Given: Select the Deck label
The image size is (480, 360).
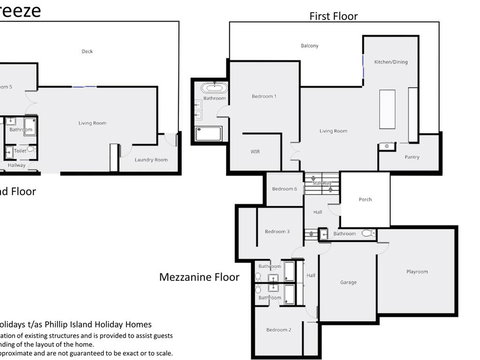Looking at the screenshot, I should [87, 51].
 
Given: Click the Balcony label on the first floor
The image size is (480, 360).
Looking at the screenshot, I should [310, 46].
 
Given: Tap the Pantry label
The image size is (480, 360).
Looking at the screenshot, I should [412, 157].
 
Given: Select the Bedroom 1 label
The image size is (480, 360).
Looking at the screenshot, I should [263, 95].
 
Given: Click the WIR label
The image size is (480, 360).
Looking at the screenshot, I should [255, 151].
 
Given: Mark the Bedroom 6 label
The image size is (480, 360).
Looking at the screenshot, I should [284, 188].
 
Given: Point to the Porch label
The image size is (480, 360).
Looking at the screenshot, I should [365, 199].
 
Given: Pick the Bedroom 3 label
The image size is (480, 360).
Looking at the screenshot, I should [277, 231].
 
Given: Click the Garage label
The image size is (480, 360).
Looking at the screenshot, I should [348, 282].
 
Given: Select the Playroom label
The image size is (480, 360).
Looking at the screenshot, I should [416, 271].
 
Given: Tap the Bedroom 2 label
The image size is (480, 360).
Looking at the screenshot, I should [278, 329].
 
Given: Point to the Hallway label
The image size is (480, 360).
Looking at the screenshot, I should [17, 165].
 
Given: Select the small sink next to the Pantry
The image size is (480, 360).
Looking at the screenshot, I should [385, 147].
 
